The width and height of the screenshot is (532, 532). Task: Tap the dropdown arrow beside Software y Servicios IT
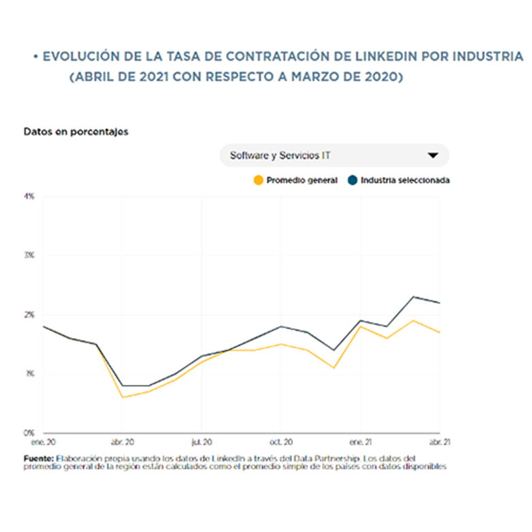click(433, 155)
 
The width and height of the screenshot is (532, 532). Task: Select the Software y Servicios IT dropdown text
click(281, 155)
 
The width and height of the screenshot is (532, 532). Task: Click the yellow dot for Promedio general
click(257, 181)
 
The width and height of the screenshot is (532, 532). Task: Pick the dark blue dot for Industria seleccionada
click(352, 181)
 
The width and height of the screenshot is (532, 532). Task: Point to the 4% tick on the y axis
click(29, 196)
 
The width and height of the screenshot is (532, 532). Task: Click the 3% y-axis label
click(29, 255)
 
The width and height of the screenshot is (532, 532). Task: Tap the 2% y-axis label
click(29, 315)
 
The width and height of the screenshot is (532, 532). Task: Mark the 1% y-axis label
click(29, 374)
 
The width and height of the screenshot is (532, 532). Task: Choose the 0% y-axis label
click(29, 433)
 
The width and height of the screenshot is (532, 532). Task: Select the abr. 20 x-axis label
click(123, 441)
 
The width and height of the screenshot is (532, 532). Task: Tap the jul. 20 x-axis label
click(202, 441)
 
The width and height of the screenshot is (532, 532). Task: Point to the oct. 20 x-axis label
click(281, 441)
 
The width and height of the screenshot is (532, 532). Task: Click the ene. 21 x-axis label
click(361, 441)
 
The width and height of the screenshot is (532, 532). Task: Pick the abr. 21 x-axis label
click(439, 441)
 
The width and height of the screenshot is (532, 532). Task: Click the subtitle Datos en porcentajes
click(76, 131)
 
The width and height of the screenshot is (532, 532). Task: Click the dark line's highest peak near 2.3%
click(413, 296)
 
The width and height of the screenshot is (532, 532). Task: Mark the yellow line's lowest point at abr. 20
click(123, 397)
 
